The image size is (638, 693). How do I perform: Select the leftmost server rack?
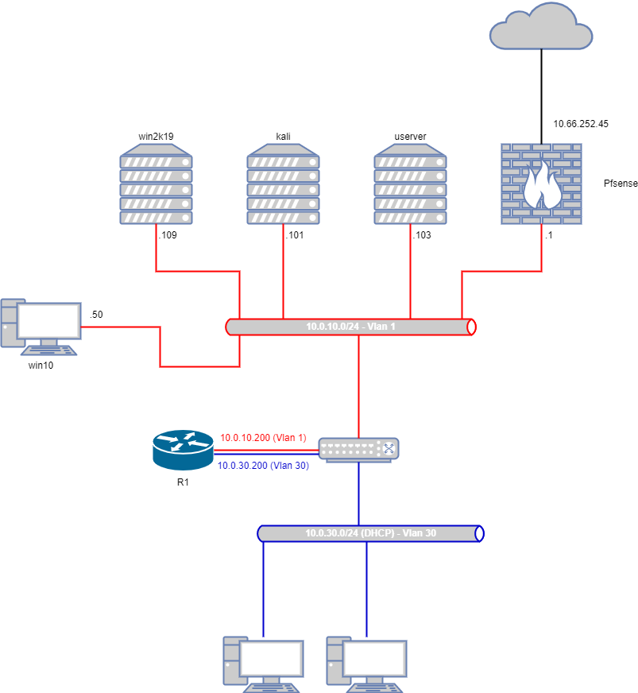156,184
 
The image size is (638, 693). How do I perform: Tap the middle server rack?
283,184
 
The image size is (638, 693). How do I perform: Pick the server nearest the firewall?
410,184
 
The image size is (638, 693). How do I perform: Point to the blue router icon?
183,450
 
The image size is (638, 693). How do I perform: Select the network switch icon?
358,449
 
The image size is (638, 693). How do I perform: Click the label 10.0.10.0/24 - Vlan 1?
350,327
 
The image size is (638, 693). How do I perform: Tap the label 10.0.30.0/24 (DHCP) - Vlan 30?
370,533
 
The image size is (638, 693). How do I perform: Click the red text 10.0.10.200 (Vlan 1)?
263,438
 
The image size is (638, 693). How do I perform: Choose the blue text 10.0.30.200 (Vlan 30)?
264,466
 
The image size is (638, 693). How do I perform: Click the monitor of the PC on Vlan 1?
49,321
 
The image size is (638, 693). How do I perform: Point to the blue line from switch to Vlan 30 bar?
358,493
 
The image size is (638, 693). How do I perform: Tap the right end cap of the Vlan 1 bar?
471,327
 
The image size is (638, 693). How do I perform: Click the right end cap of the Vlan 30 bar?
479,533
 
